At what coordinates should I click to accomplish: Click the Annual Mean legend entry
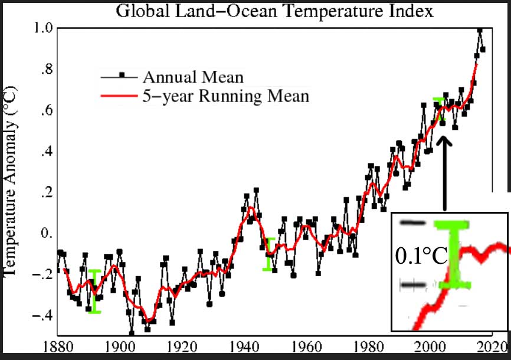coord(192,77)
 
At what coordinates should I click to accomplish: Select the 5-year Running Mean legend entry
coord(225,96)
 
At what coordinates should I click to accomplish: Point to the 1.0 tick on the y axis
coord(44,28)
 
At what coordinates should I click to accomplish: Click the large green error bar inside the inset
coord(452,254)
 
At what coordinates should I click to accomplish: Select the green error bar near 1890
coord(95,291)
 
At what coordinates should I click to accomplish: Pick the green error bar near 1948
coord(269,254)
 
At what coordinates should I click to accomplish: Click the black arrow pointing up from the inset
coord(444,171)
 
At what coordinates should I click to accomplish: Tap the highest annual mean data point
coord(480,31)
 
